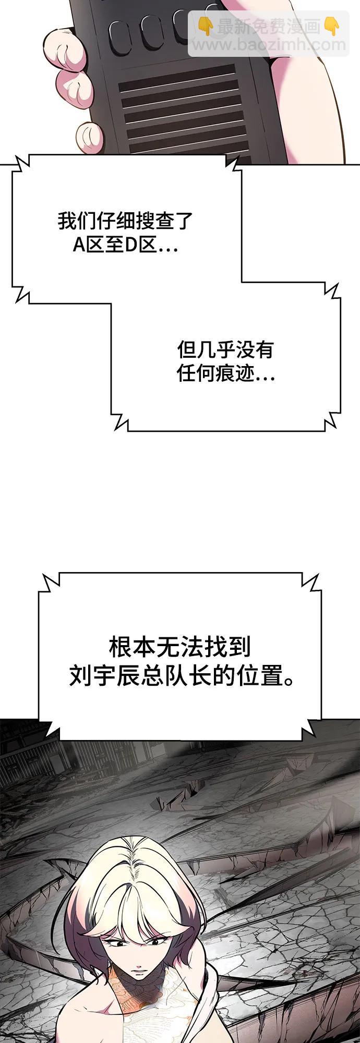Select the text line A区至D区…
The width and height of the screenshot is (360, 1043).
pyautogui.click(x=125, y=245)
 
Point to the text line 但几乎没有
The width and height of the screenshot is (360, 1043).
pyautogui.click(x=225, y=349)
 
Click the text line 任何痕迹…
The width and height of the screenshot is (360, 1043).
pyautogui.click(x=226, y=373)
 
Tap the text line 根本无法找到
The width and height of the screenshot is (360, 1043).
pyautogui.click(x=180, y=647)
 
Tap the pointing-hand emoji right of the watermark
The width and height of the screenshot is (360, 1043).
pyautogui.click(x=332, y=26)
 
